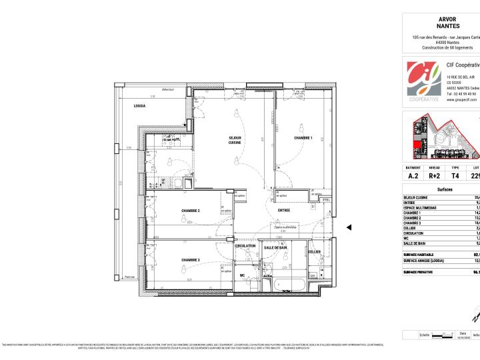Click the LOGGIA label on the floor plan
[x=139, y=106]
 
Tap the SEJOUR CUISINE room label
[x=235, y=140]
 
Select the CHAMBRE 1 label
[x=303, y=137]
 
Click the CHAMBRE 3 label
[x=191, y=260]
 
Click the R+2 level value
[x=435, y=177]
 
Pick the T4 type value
[x=455, y=177]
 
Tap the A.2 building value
[x=413, y=177]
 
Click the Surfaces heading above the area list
[x=445, y=190]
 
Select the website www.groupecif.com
[x=459, y=99]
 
